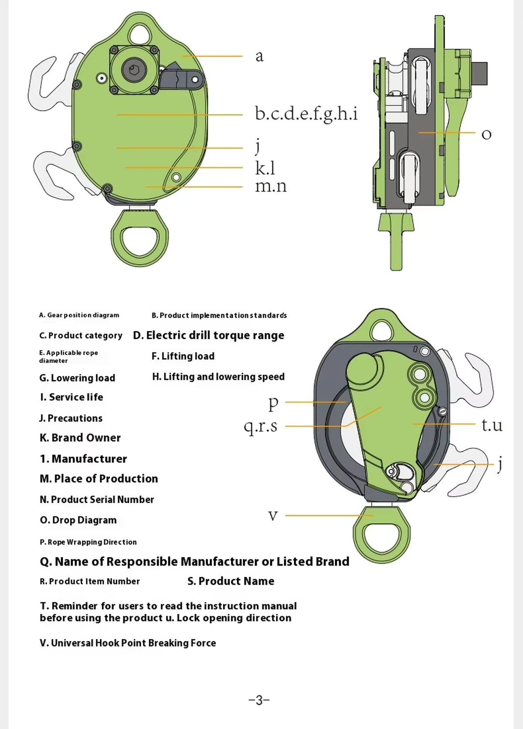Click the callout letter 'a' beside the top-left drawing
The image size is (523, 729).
point(259,56)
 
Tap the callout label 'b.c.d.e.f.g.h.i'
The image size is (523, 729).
point(306,114)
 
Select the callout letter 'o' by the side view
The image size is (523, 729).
point(486,134)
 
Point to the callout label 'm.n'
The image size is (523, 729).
point(271,186)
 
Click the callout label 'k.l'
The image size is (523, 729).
point(265,168)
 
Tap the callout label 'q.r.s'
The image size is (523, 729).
point(261,426)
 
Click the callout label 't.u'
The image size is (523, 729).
point(492,425)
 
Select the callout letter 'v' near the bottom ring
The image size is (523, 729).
point(273,515)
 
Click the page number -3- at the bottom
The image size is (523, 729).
point(259,700)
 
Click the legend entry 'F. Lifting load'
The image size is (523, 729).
point(183,356)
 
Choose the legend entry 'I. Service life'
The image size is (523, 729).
point(71,397)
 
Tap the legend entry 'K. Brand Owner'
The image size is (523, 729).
point(80,438)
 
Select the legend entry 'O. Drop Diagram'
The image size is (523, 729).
point(78,520)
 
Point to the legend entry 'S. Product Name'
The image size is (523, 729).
point(231,581)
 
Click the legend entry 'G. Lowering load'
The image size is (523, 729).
point(77,378)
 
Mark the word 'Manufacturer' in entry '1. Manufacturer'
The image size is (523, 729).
point(89,459)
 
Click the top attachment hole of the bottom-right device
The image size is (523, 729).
point(382,329)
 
